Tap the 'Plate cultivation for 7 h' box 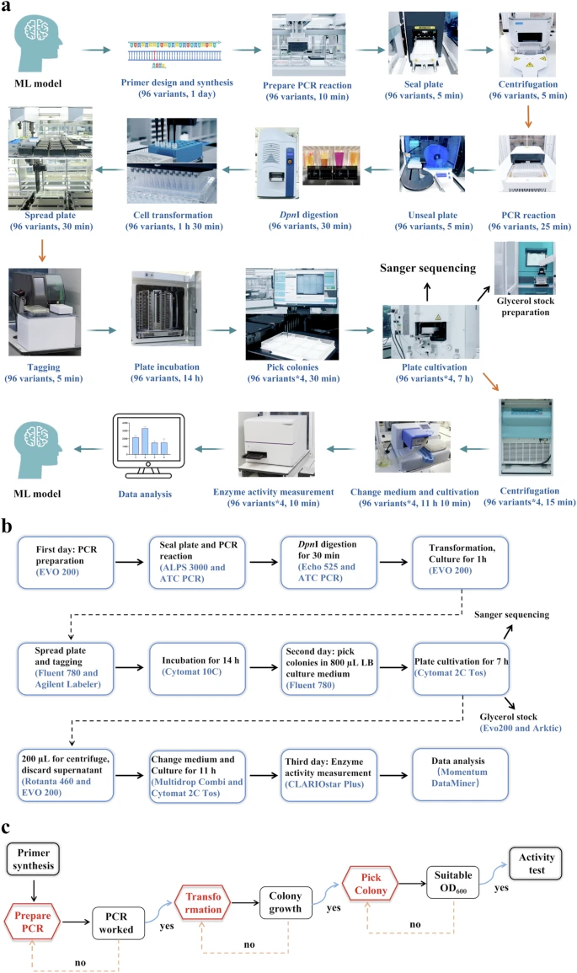tap(460, 666)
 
